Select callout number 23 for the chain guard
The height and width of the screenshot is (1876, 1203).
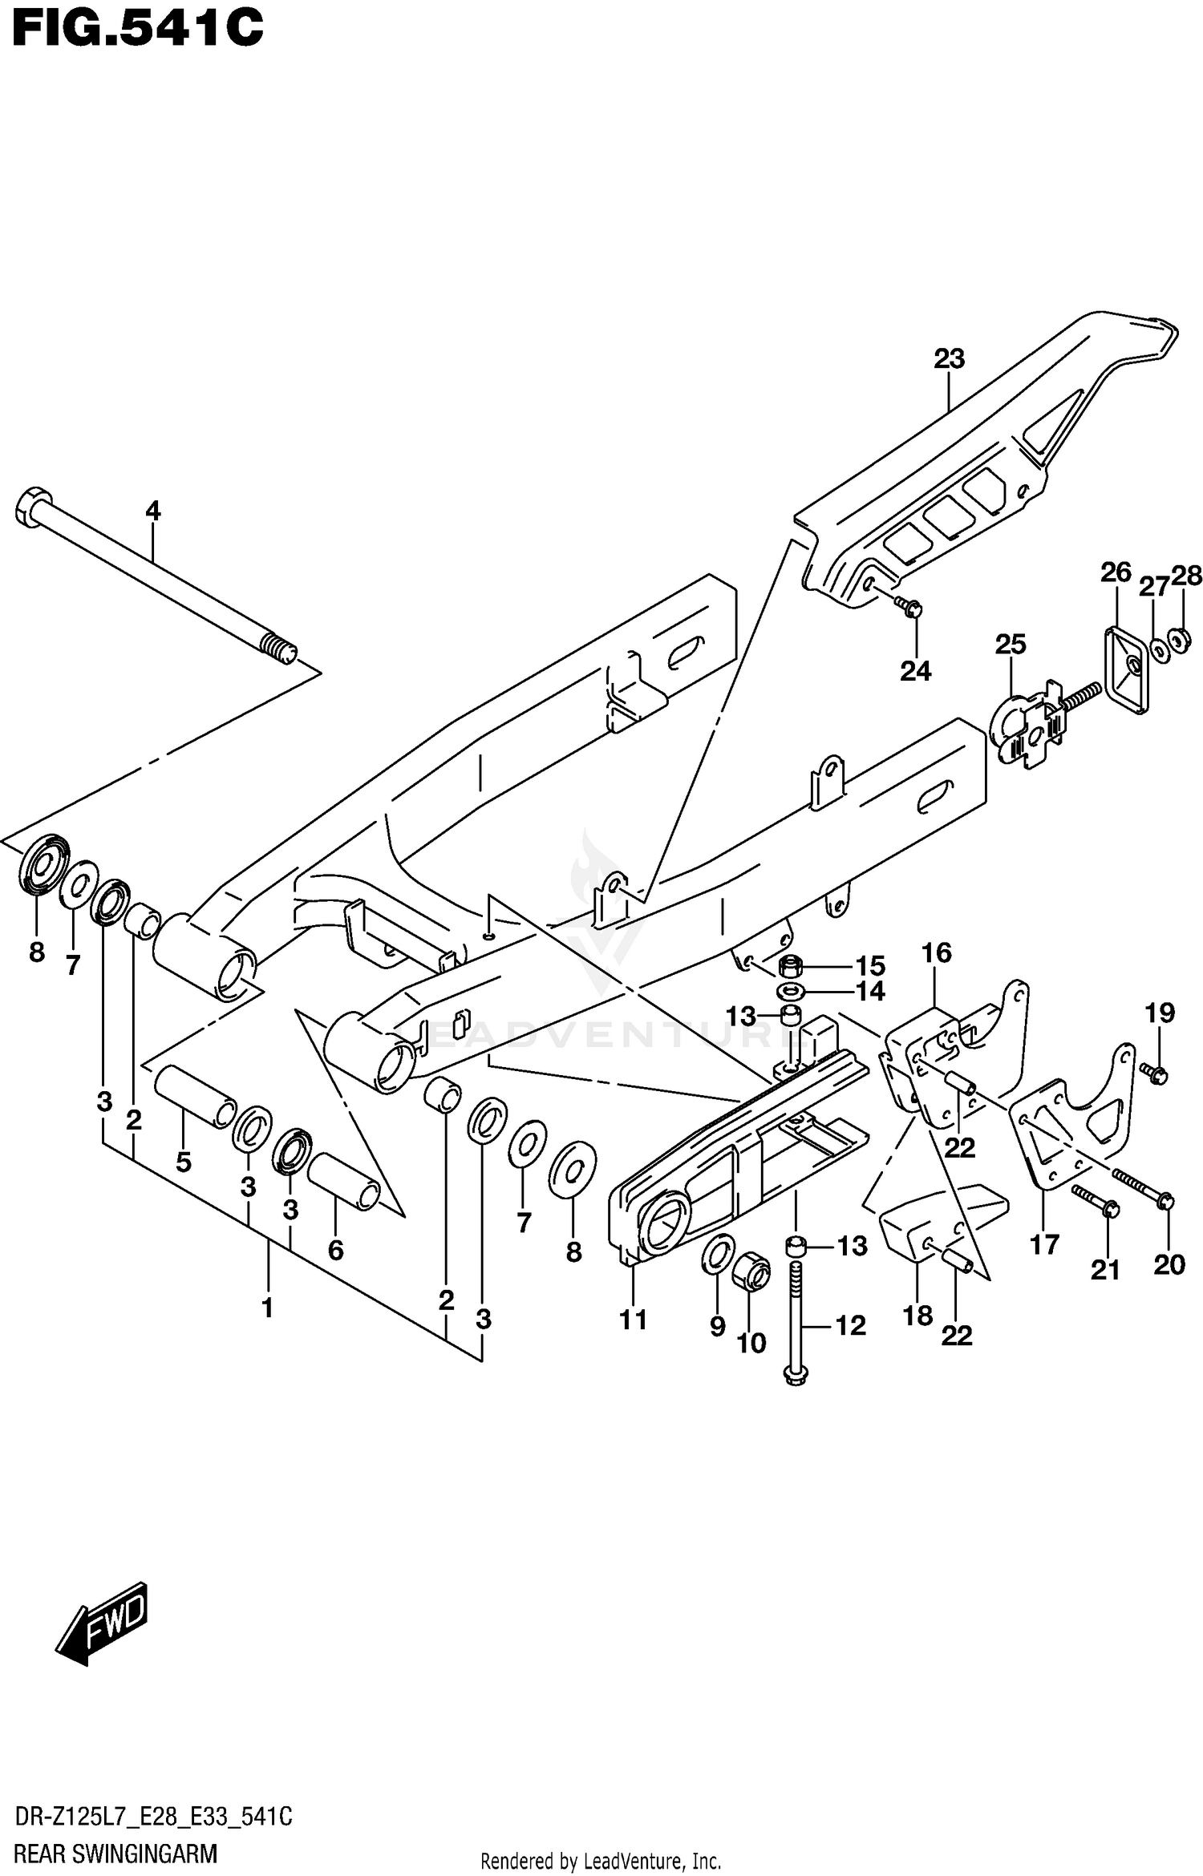[x=949, y=358]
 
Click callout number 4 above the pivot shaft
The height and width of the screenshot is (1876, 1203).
[x=152, y=511]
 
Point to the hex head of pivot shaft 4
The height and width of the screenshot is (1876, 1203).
[x=30, y=507]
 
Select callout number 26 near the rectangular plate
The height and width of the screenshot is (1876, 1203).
[x=1116, y=572]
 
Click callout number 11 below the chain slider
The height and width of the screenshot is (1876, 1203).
[x=634, y=1319]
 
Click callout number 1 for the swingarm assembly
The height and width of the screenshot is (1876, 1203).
[x=267, y=1308]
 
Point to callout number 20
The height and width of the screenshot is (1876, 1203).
[x=1169, y=1265]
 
